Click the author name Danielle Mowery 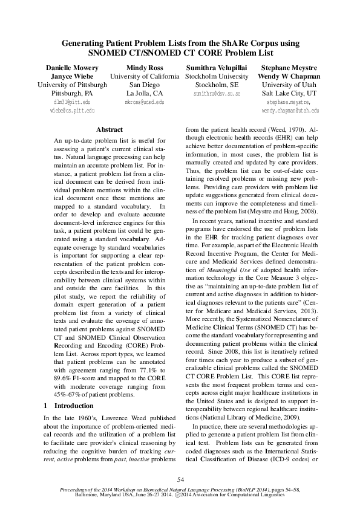(72, 68)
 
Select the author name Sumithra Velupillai (217, 68)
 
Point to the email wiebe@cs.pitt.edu (72, 111)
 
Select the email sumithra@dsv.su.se (217, 95)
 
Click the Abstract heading (110, 129)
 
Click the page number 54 (180, 479)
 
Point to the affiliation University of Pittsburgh (72, 85)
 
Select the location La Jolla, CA (144, 94)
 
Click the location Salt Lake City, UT (289, 94)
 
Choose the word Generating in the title (89, 44)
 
